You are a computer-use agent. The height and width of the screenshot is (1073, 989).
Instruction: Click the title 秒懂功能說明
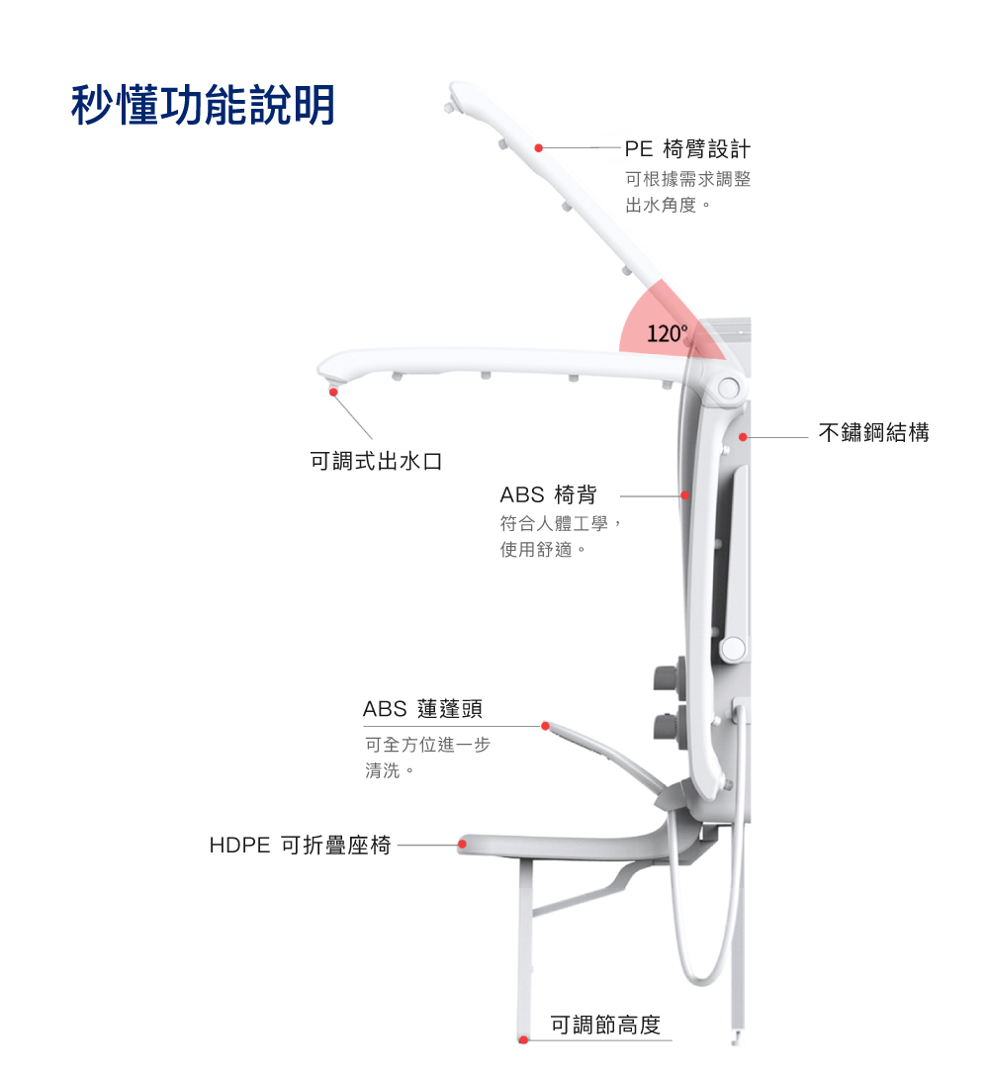click(203, 105)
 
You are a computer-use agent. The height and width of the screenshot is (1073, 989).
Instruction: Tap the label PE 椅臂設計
click(687, 149)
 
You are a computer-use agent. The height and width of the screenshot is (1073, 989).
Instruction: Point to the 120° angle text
click(667, 333)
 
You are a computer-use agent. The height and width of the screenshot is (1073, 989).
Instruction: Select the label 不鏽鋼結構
click(873, 432)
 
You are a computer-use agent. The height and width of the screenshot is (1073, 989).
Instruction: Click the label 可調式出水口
click(376, 461)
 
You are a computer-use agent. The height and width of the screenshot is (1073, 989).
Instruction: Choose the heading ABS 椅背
click(548, 494)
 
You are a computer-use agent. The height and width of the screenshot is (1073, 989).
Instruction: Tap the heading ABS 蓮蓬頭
click(422, 709)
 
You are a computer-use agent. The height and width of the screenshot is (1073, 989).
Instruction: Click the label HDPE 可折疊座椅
click(301, 846)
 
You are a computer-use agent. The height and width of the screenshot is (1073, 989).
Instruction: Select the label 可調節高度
click(605, 1026)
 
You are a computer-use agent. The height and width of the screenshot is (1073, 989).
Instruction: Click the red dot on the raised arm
click(539, 148)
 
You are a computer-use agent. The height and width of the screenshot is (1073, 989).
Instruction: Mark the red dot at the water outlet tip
click(334, 393)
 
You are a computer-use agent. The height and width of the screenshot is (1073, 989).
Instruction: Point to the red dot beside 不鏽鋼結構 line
click(743, 437)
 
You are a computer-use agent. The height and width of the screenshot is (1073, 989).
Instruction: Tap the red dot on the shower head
click(545, 726)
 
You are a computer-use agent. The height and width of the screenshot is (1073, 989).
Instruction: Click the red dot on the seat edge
click(462, 845)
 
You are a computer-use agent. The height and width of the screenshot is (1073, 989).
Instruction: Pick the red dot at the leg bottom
click(523, 1039)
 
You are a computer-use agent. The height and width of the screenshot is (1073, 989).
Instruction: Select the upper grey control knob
click(665, 677)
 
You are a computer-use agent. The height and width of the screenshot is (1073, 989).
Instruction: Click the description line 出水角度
click(668, 207)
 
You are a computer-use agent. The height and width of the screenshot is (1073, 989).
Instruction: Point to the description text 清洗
click(387, 770)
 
